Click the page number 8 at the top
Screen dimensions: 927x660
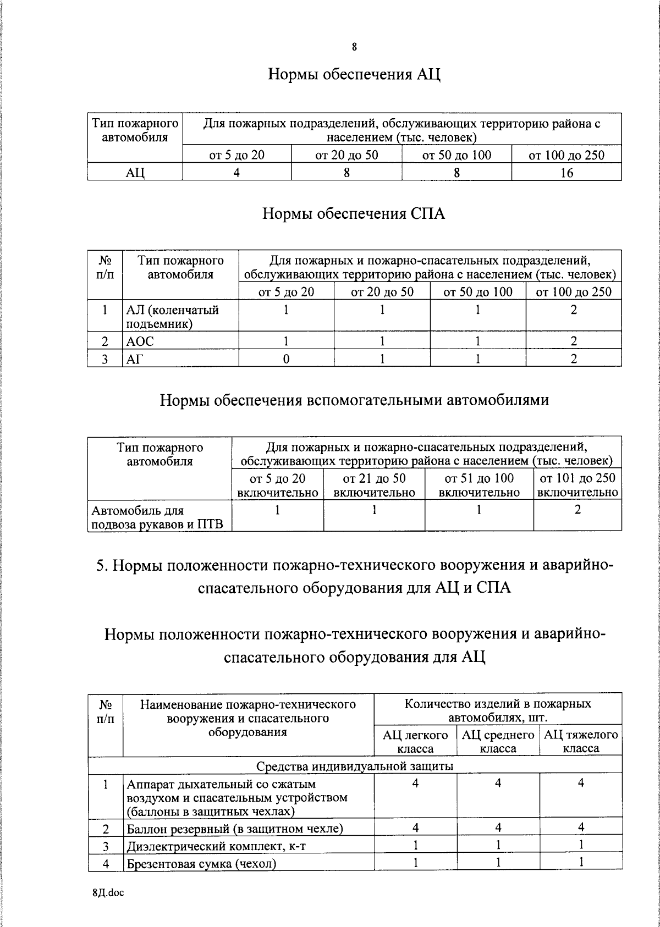coord(354,47)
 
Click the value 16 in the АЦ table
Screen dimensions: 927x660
coord(566,173)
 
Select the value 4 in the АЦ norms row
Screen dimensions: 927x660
coord(237,173)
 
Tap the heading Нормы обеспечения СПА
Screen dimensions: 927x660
coord(354,213)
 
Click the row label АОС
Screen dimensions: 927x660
coord(140,341)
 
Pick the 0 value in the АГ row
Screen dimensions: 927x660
coord(286,360)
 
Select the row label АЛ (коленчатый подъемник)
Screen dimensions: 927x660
coord(173,317)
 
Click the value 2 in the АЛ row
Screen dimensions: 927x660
coord(574,310)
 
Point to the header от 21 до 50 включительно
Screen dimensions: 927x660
coord(374,485)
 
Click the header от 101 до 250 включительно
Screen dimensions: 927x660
coord(577,485)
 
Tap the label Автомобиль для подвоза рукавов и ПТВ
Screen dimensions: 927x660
coord(157,517)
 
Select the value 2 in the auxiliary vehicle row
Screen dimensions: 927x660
coord(577,510)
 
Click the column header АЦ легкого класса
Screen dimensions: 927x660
coord(415,741)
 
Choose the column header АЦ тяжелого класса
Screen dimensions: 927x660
coord(581,741)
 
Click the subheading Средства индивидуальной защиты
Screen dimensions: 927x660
coord(355,766)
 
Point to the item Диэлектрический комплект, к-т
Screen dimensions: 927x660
coord(216,846)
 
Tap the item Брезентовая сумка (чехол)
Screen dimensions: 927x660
coord(201,863)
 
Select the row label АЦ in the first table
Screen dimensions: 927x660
coord(135,173)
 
